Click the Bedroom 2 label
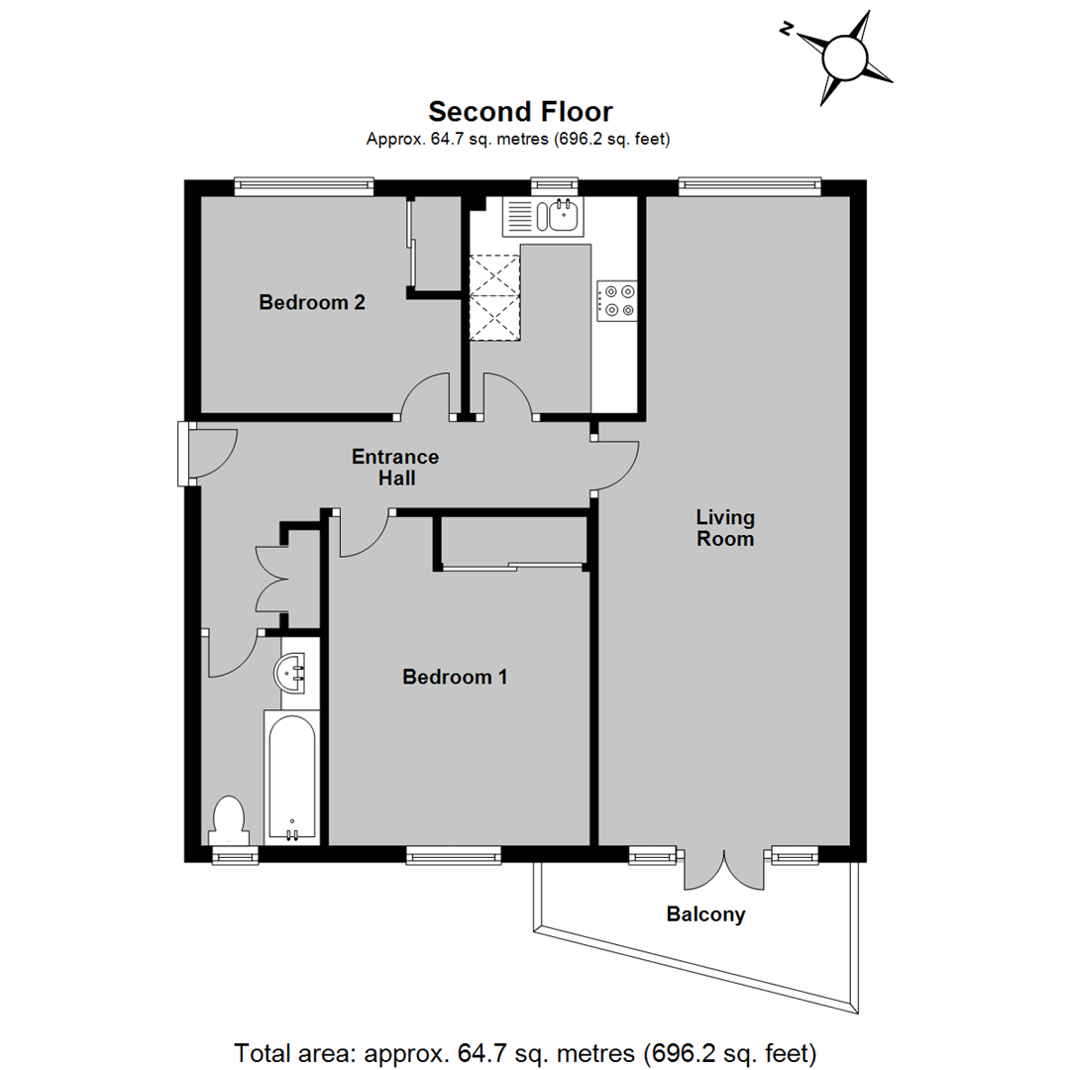[311, 302]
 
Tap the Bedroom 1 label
[455, 678]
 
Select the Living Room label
[725, 528]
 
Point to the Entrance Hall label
[395, 468]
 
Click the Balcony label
[705, 914]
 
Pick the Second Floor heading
[520, 111]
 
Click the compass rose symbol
[845, 56]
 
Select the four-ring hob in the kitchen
[615, 300]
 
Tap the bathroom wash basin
[294, 674]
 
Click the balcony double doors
[724, 869]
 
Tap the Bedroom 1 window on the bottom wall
[453, 854]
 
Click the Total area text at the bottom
[525, 1049]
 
